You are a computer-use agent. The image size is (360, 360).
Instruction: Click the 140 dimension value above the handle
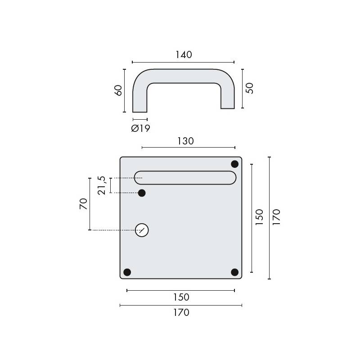coord(184,54)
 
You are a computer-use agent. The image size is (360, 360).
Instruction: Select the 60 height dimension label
coord(118,90)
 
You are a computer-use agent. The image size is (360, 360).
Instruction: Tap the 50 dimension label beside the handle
coord(250,88)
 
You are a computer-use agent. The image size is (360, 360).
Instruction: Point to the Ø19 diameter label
coord(140,129)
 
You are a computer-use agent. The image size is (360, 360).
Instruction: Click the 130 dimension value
coord(185,141)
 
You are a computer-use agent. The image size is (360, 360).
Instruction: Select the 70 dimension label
coord(83,204)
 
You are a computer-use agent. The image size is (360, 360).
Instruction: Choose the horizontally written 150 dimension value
coord(181,297)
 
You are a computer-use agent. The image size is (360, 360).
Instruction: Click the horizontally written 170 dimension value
coord(181,312)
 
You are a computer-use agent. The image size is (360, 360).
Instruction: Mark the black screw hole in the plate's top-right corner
coord(234,164)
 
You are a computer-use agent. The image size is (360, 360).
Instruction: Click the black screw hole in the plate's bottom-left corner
coord(127,272)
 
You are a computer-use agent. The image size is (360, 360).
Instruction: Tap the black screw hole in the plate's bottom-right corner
coord(234,272)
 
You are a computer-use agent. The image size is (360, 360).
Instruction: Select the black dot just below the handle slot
coord(142,193)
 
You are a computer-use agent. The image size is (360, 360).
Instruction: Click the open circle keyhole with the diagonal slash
coord(142,230)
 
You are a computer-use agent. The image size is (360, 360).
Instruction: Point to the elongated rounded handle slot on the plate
coord(185,178)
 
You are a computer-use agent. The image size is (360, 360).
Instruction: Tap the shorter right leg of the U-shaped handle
coord(228,97)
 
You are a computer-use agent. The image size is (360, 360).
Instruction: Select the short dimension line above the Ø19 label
coord(140,119)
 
